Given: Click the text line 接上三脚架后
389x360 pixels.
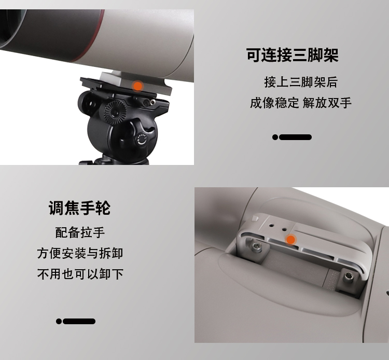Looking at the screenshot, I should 300,82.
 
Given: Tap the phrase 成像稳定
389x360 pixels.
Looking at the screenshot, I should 274,103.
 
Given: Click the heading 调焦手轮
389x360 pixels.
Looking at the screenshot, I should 79,208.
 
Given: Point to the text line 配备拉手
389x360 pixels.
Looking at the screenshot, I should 80,232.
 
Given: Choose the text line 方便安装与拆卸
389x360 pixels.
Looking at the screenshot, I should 80,254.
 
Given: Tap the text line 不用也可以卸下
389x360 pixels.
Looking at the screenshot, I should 80,274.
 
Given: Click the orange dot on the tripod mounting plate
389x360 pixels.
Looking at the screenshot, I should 137,86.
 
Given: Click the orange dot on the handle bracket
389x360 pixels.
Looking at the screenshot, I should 291,240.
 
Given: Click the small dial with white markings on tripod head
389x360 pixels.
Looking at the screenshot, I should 142,139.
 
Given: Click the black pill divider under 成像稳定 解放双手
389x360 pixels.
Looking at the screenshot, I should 292,137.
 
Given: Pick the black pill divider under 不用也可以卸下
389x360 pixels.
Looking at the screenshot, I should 76,322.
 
